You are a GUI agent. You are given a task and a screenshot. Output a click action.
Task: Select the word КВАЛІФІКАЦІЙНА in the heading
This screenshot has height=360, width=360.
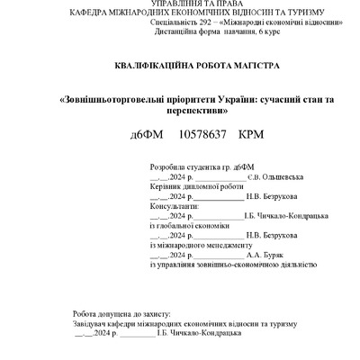[148, 67]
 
